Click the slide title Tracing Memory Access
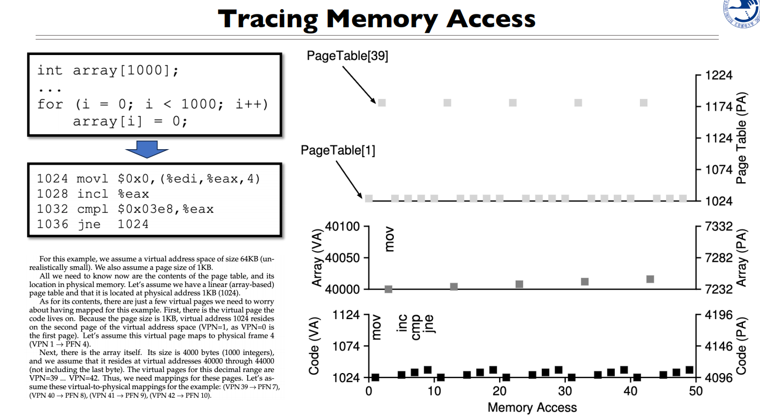(x=376, y=19)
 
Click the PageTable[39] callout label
(x=347, y=56)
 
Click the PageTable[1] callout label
(x=338, y=151)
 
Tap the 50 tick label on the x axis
(x=696, y=391)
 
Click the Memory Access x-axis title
(x=532, y=407)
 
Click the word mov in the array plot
(x=390, y=241)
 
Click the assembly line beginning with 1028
(x=93, y=193)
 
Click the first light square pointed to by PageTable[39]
(x=382, y=103)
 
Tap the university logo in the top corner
(x=743, y=13)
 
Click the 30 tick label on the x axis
(x=565, y=391)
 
